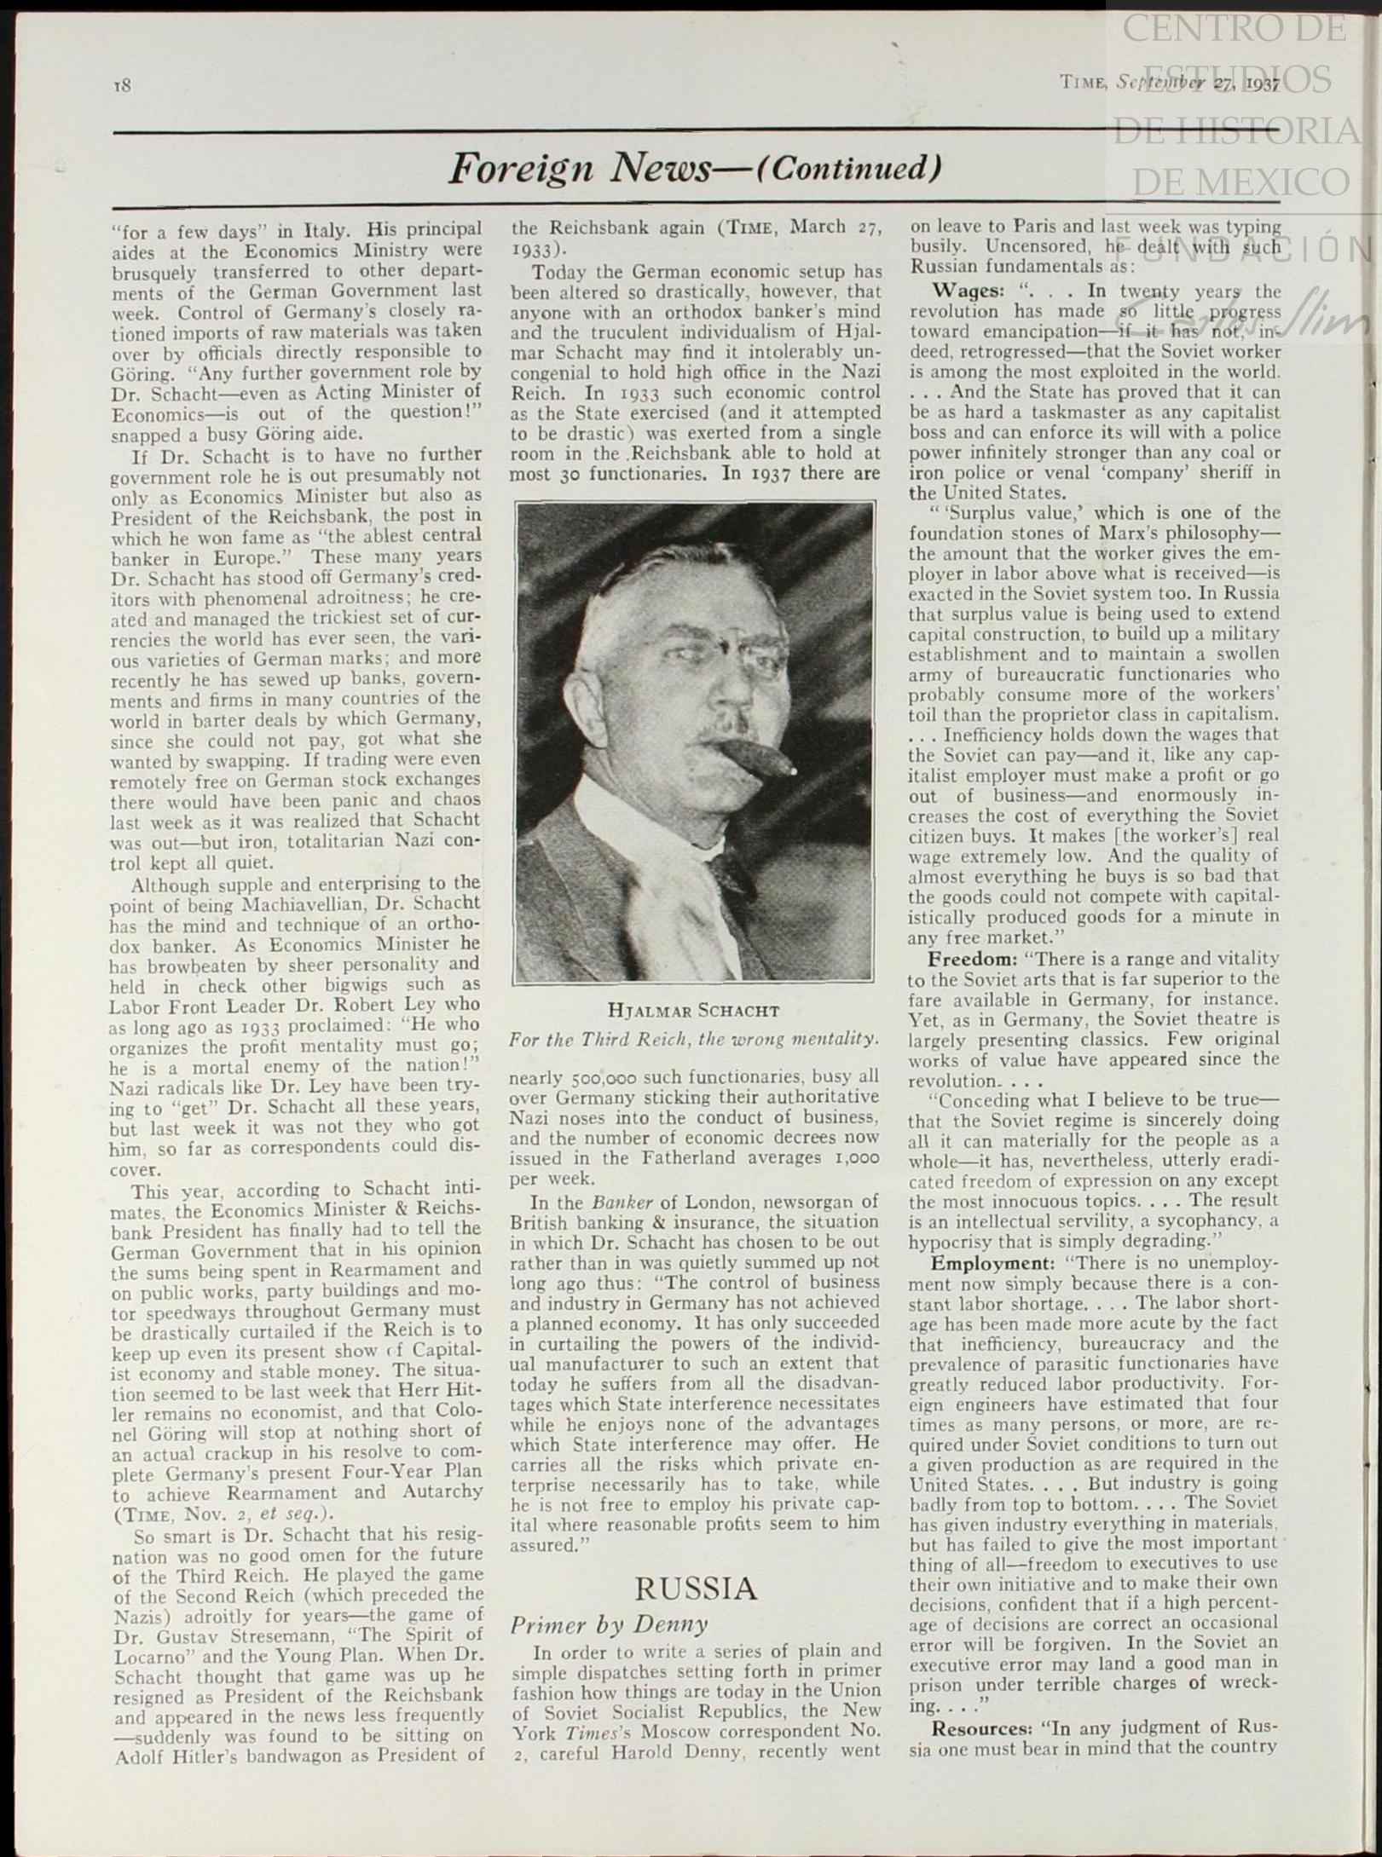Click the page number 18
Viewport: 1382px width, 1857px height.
(x=123, y=84)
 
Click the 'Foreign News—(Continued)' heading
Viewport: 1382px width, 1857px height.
(x=695, y=168)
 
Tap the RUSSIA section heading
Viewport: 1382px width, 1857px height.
(x=695, y=1588)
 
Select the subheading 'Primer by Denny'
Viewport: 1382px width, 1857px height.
(x=609, y=1624)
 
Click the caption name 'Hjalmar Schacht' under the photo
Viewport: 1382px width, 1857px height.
(x=693, y=1012)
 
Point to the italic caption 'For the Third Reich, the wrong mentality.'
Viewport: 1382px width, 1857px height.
(x=693, y=1039)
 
